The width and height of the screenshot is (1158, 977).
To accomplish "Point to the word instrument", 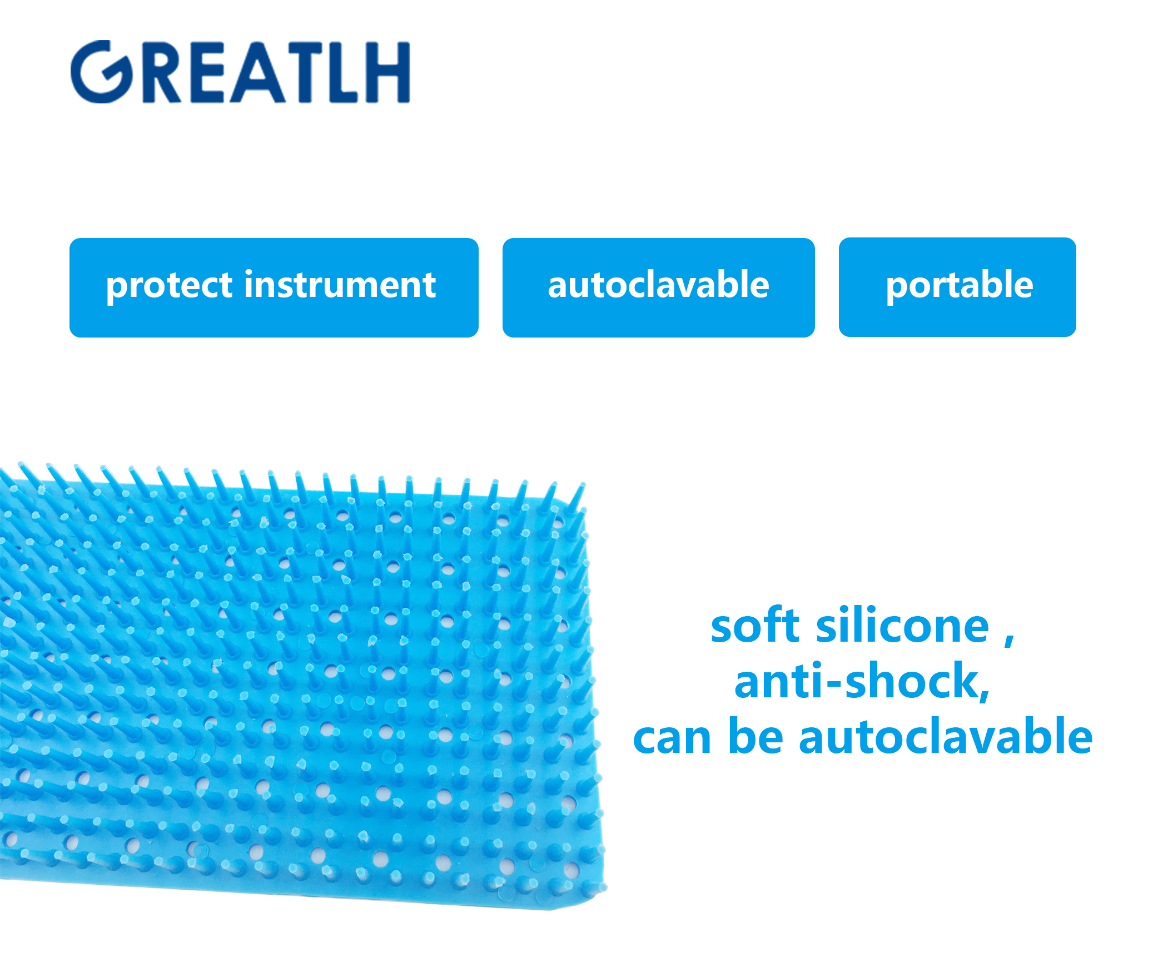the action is (340, 285).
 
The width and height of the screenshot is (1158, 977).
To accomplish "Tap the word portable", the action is (959, 286).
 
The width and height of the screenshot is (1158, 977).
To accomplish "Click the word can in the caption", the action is (672, 740).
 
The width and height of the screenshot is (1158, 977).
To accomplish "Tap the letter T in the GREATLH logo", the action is (305, 72).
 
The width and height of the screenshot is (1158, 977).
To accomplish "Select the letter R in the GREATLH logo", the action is (161, 72).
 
